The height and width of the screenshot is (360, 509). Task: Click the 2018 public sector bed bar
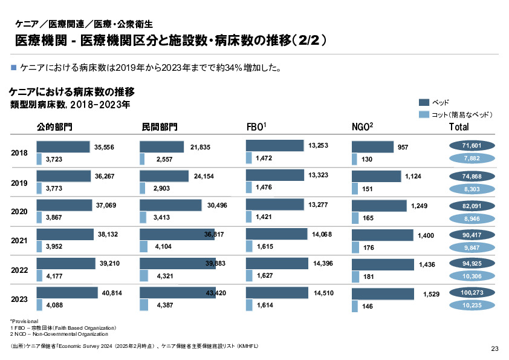click(x=63, y=147)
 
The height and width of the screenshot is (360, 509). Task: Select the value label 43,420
click(x=216, y=293)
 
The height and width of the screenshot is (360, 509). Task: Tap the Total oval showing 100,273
click(x=472, y=293)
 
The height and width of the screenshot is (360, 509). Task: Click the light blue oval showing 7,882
click(x=472, y=158)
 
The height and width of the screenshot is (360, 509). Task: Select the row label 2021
click(x=20, y=241)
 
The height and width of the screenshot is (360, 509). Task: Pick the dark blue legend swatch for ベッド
click(x=423, y=102)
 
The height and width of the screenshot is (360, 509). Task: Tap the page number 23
click(x=494, y=349)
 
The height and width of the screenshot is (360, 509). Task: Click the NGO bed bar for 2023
click(x=386, y=294)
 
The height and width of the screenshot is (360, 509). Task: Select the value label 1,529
click(x=431, y=293)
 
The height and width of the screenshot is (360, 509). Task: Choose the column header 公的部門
click(x=54, y=127)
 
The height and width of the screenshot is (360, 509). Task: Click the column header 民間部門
click(x=160, y=127)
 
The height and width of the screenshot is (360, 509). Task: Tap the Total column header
click(x=459, y=127)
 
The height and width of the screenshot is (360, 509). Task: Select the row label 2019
click(x=20, y=182)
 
